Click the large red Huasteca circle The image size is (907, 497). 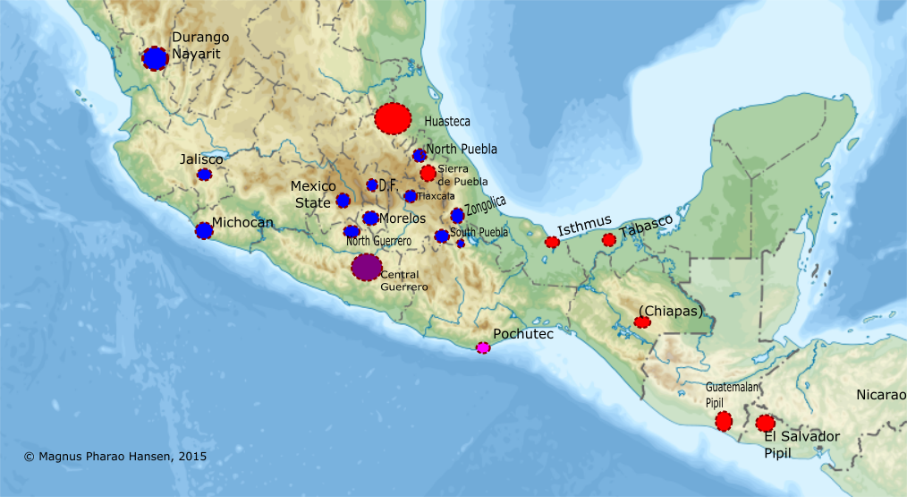[393, 118]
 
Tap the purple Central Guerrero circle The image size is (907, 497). [366, 267]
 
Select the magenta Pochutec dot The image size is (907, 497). [483, 347]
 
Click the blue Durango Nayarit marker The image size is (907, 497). [155, 58]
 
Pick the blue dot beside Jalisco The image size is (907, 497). [204, 175]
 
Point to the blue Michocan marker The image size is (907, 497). [204, 231]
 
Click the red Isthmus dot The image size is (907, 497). [552, 242]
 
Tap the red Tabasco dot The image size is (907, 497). [609, 240]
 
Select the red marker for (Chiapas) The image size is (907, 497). [642, 322]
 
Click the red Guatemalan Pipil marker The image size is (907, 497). [724, 421]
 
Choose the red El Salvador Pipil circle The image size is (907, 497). [765, 423]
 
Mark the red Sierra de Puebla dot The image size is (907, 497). [428, 173]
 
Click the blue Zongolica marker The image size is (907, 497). [457, 215]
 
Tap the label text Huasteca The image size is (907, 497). [447, 121]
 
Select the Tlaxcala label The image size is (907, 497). [436, 196]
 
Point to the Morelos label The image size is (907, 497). [402, 219]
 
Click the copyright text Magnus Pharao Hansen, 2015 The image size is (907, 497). [115, 456]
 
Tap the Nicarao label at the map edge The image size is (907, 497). [880, 395]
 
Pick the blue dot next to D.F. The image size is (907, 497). [372, 185]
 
